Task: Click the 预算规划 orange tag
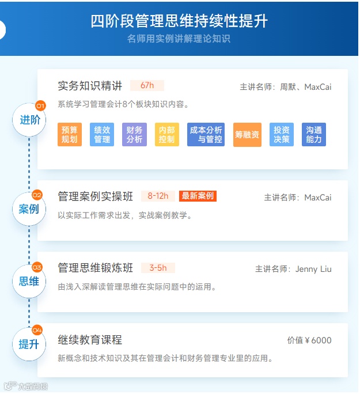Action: pyautogui.click(x=70, y=135)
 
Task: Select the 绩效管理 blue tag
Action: pyautogui.click(x=102, y=135)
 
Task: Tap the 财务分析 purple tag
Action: pyautogui.click(x=134, y=135)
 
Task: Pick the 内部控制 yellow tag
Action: pyautogui.click(x=166, y=135)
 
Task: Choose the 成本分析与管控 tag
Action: pyautogui.click(x=206, y=135)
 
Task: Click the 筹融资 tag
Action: pyautogui.click(x=247, y=135)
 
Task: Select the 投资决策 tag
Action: pyautogui.click(x=282, y=135)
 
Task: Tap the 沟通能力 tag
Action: pyautogui.click(x=314, y=135)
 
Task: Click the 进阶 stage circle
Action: pyautogui.click(x=29, y=120)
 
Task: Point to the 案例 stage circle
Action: pyautogui.click(x=29, y=209)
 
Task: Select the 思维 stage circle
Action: pyautogui.click(x=29, y=281)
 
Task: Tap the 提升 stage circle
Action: pyautogui.click(x=29, y=344)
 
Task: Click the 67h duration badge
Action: pyautogui.click(x=147, y=86)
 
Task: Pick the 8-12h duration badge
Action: pyautogui.click(x=158, y=196)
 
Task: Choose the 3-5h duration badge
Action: pyautogui.click(x=158, y=268)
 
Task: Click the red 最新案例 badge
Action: pyautogui.click(x=198, y=196)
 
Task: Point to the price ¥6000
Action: pyautogui.click(x=317, y=340)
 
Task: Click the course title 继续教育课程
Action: pyautogui.click(x=90, y=340)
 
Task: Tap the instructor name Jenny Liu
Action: pyautogui.click(x=313, y=269)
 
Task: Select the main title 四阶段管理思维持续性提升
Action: pyautogui.click(x=179, y=21)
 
